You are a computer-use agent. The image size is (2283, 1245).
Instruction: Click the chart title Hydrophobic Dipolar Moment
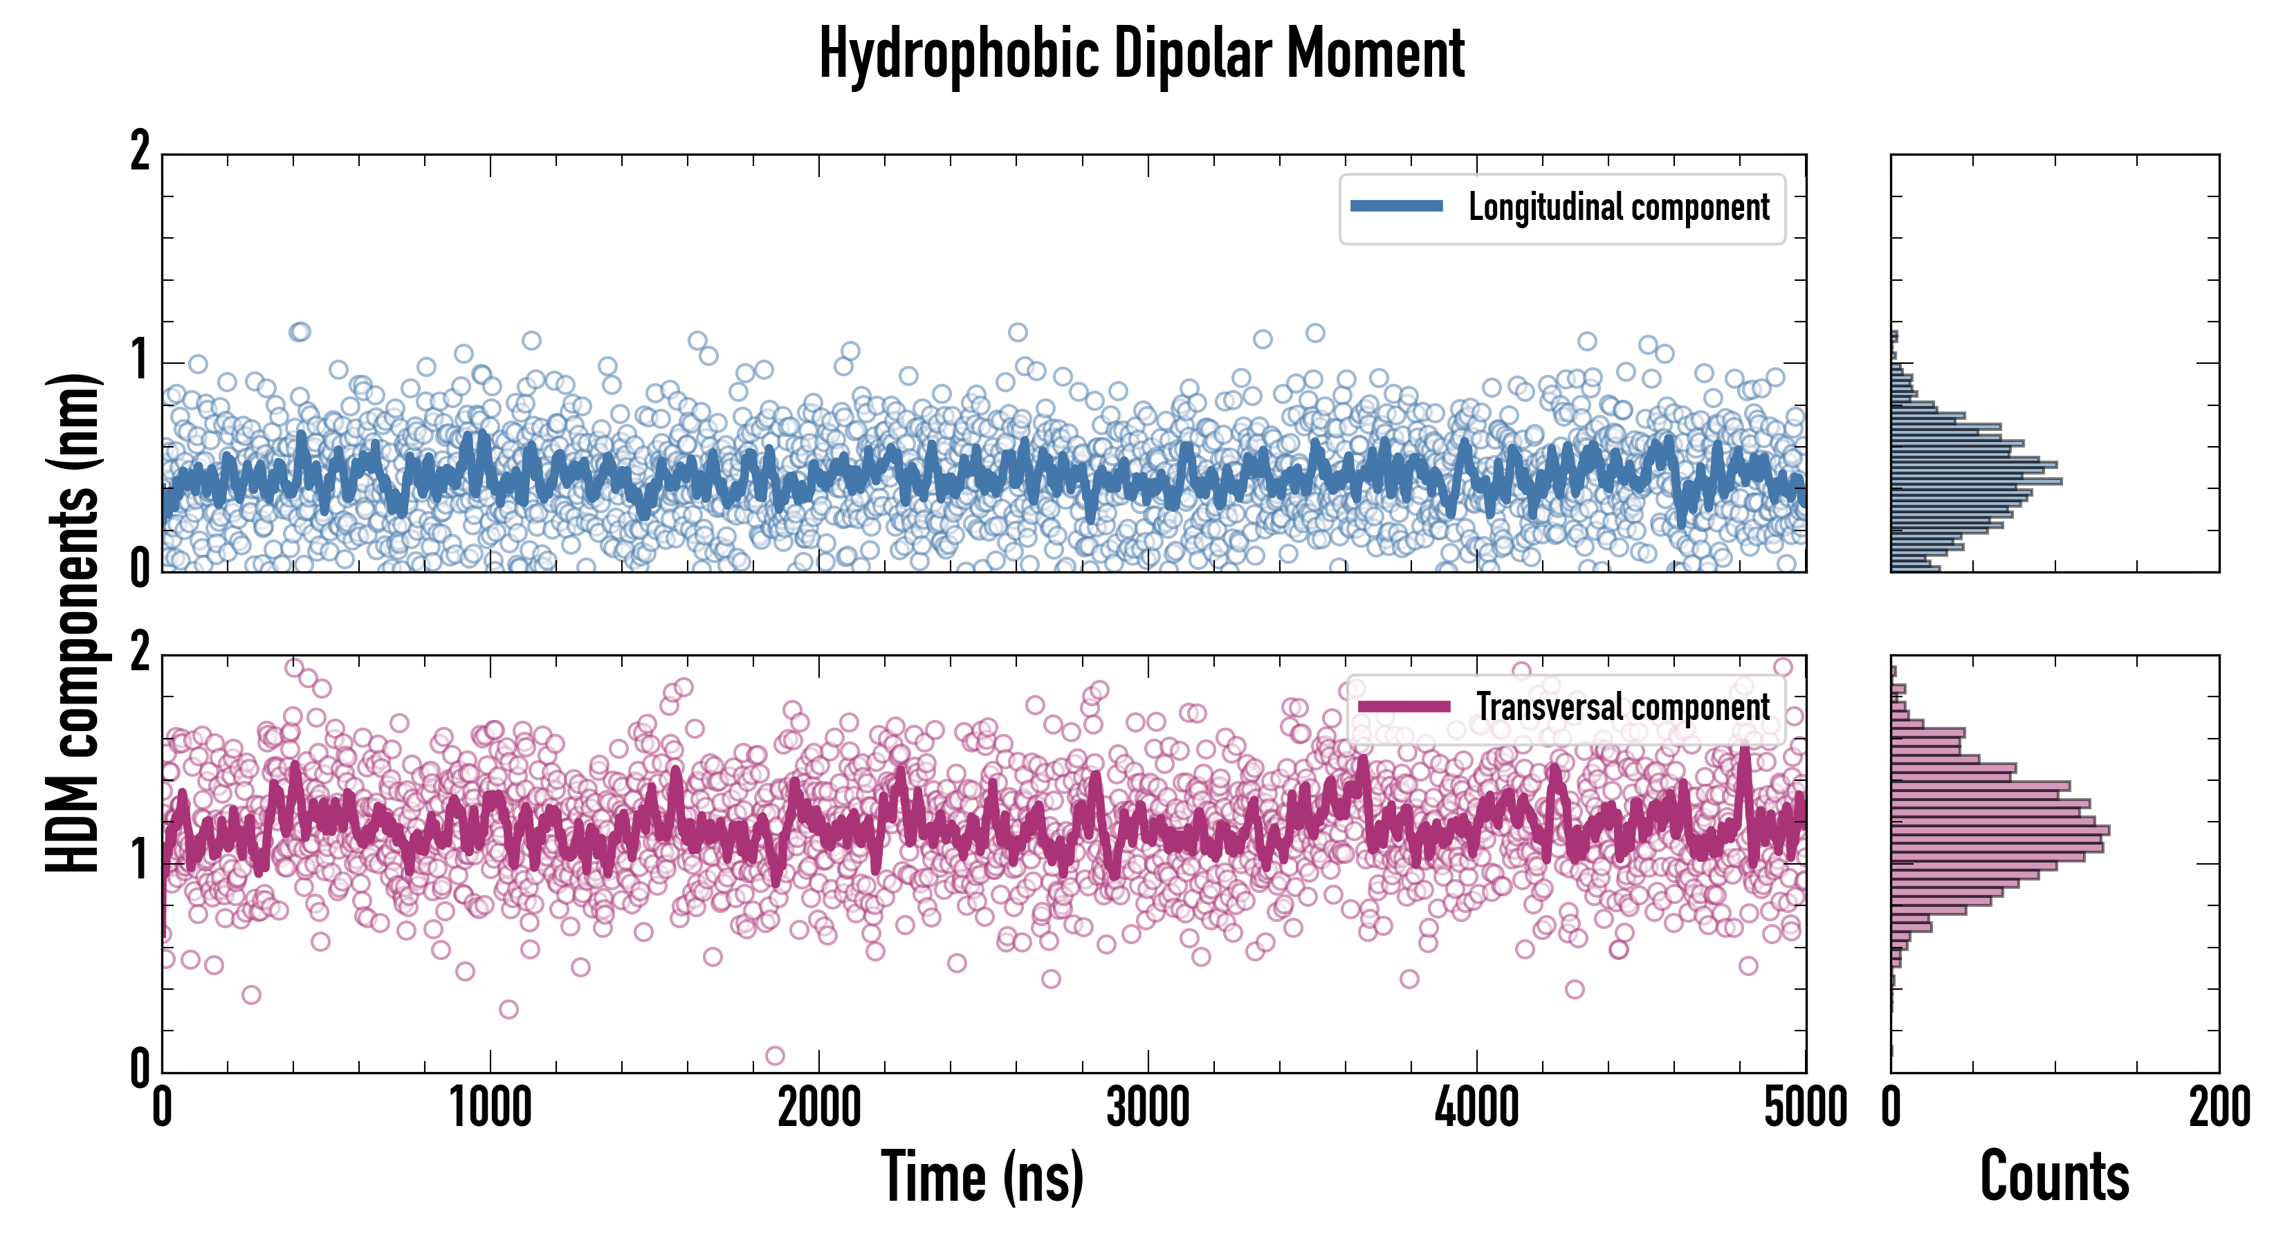pyautogui.click(x=1141, y=55)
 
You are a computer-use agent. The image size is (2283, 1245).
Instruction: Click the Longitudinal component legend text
pyautogui.click(x=1618, y=207)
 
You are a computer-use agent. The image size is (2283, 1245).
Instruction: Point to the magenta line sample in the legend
pyautogui.click(x=1403, y=706)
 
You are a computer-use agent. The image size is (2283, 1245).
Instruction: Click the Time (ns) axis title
pyautogui.click(x=982, y=1177)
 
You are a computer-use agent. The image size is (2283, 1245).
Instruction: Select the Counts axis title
pyautogui.click(x=2053, y=1177)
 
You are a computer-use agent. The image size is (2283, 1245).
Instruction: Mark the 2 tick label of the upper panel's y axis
pyautogui.click(x=140, y=152)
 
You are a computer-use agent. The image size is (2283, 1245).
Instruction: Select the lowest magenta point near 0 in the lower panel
pyautogui.click(x=775, y=1055)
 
